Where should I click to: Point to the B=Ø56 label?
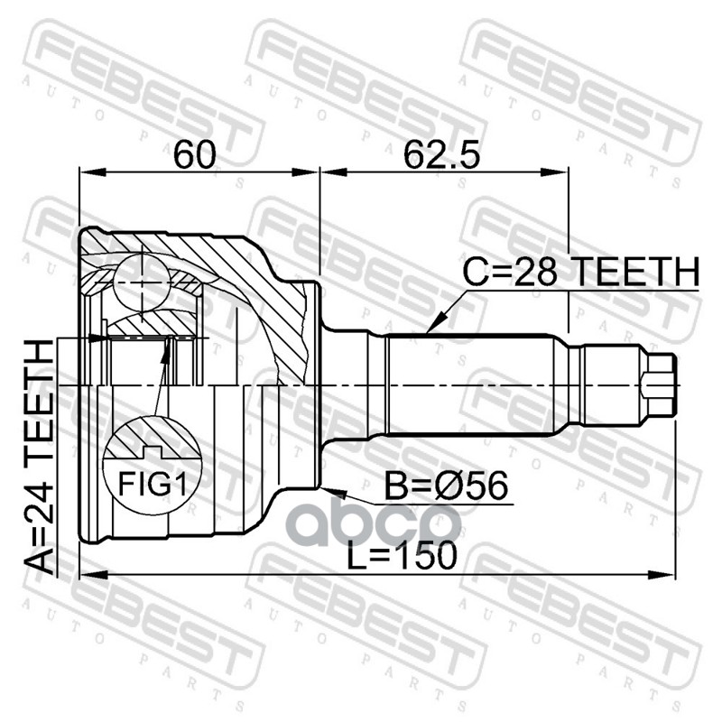click(x=446, y=486)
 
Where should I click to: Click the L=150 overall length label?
click(x=402, y=555)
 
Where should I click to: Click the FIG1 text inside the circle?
click(x=153, y=483)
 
